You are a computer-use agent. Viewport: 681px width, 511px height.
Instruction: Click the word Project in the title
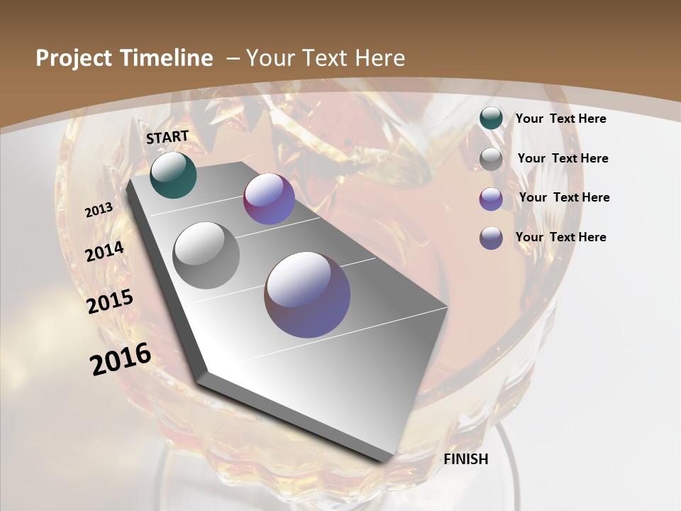tap(74, 58)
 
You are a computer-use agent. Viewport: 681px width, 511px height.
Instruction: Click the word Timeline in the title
tap(167, 58)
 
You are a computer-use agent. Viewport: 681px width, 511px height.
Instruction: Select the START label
tap(167, 137)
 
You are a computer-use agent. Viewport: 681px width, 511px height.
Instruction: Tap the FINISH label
tap(466, 459)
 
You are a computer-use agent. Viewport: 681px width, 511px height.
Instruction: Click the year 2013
tap(99, 210)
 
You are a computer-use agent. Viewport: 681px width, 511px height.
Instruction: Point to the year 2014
tap(105, 252)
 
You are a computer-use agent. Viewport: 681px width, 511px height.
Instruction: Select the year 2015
tap(110, 302)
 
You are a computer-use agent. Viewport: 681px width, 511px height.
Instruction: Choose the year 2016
tap(121, 359)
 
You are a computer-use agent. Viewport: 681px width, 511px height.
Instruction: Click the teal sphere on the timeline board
tap(173, 175)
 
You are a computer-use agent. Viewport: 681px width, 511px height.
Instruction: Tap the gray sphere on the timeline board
tap(206, 255)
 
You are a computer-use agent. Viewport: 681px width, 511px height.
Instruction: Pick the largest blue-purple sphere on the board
tap(307, 295)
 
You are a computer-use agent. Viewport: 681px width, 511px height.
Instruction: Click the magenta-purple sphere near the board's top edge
tap(269, 199)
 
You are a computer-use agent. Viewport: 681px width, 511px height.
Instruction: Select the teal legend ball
tap(491, 119)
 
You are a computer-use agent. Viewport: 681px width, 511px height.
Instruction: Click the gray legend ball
tap(491, 158)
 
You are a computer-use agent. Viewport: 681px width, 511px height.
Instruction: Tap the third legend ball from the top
tap(491, 198)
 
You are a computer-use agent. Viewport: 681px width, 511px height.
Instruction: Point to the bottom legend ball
tap(491, 237)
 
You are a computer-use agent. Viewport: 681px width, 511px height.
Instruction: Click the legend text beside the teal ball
tap(560, 119)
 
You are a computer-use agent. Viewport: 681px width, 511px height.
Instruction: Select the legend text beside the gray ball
tap(563, 158)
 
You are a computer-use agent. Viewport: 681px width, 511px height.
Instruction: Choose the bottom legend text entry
tap(560, 237)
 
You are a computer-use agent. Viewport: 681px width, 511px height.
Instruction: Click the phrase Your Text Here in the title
tap(325, 58)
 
